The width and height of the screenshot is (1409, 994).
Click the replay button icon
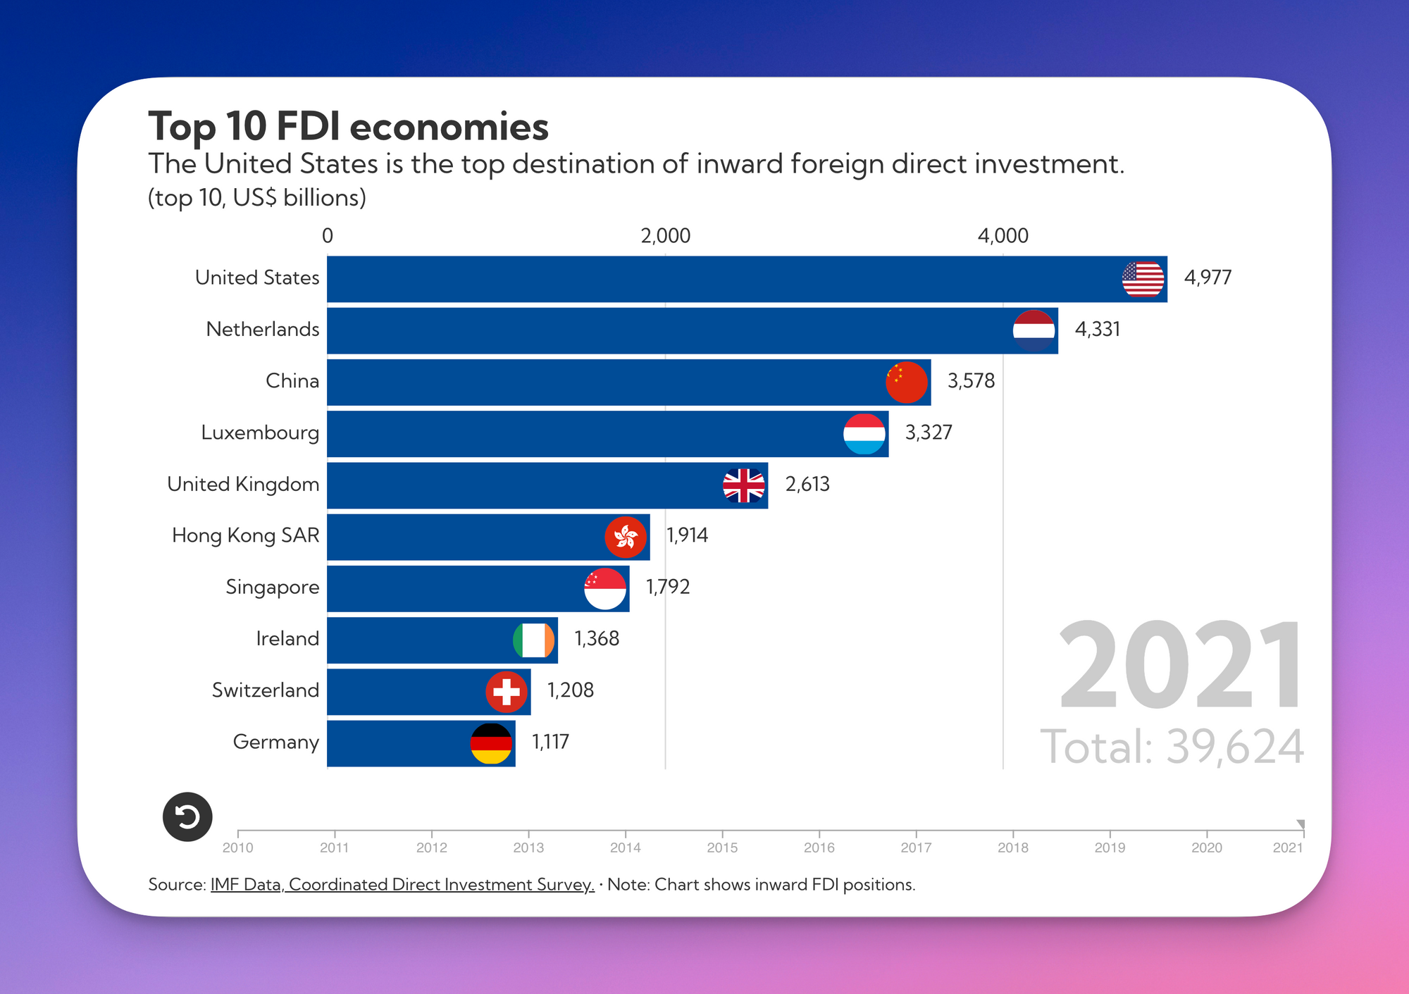[187, 817]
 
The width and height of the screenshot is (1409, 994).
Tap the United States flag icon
[1143, 280]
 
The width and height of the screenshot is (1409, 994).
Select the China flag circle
[907, 383]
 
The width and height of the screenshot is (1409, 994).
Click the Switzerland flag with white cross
[507, 692]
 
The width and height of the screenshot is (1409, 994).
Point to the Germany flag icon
[491, 744]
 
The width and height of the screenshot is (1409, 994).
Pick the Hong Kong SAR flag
[626, 537]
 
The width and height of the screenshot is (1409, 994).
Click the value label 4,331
[1097, 329]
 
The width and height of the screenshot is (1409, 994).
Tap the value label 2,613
[807, 484]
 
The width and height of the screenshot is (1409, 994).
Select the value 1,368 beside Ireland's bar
[597, 638]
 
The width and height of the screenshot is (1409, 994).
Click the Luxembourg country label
[260, 433]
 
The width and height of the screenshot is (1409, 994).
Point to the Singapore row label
[272, 588]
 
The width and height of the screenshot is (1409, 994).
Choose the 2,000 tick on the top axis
[666, 236]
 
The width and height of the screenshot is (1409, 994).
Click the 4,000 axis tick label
[1003, 236]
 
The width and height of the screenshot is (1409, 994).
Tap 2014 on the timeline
[626, 847]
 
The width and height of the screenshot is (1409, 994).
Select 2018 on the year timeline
[1013, 847]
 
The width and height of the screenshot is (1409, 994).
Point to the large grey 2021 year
[1181, 665]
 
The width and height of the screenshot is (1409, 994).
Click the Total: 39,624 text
[1172, 747]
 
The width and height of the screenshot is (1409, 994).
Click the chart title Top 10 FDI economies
[348, 127]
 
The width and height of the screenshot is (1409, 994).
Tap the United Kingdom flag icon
[744, 485]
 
